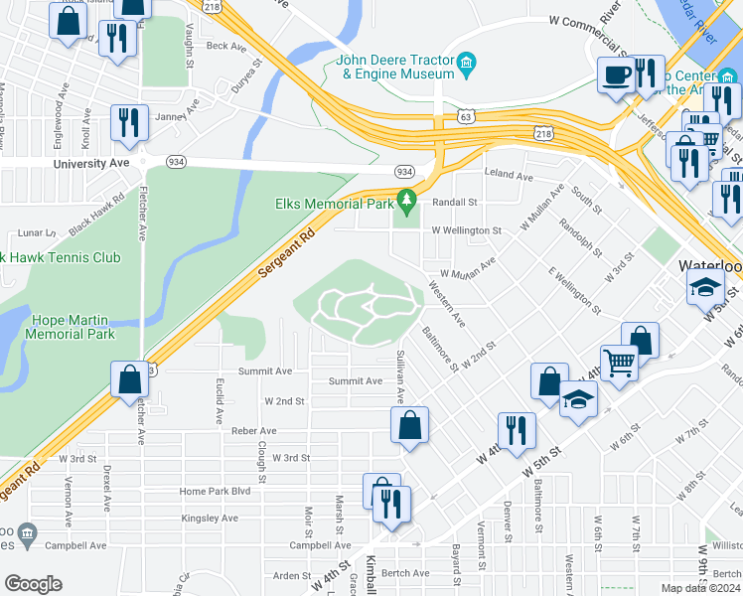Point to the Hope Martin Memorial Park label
[73, 327]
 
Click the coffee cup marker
[616, 75]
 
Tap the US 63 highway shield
[466, 116]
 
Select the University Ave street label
[91, 163]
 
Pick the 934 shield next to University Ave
[176, 161]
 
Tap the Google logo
[33, 584]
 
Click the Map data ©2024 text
[701, 588]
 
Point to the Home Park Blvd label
[215, 492]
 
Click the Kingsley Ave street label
[210, 519]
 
